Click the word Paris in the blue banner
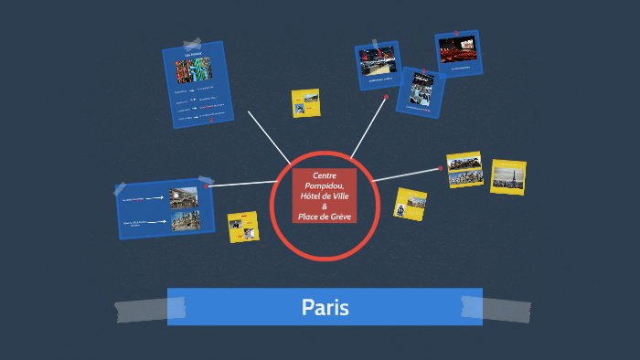(x=325, y=307)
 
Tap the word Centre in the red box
(x=325, y=175)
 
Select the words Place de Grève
(x=325, y=216)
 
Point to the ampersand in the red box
(x=325, y=206)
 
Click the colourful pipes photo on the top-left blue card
(x=193, y=70)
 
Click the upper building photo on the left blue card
(x=183, y=197)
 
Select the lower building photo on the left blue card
(x=184, y=220)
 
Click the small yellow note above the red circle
(x=305, y=102)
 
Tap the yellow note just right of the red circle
(x=411, y=203)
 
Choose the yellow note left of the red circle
(x=243, y=227)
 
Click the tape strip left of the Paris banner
(x=142, y=311)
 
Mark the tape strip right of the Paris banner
(x=507, y=309)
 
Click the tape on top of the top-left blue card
(x=192, y=44)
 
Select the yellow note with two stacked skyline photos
(x=464, y=169)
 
